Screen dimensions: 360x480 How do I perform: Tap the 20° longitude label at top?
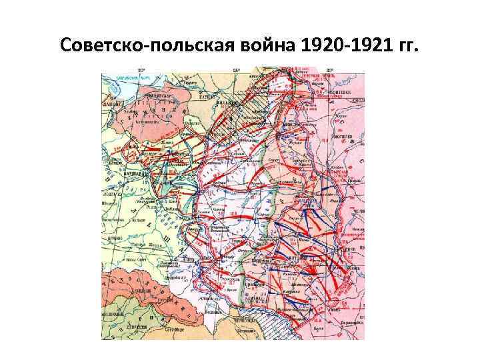tap(141, 69)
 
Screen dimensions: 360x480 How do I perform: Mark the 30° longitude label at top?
tap(330, 69)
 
